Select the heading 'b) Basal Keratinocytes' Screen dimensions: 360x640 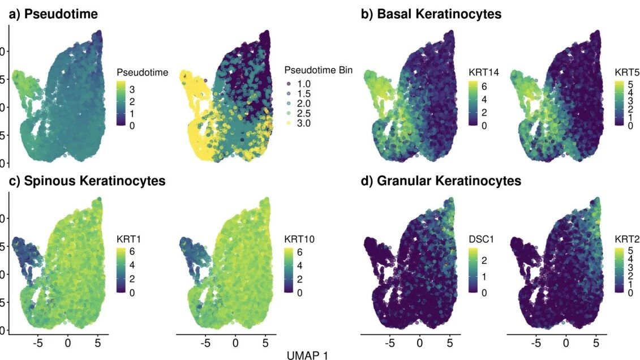point(431,15)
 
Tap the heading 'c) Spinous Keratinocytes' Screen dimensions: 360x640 point(86,181)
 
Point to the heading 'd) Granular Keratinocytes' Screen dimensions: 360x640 point(441,181)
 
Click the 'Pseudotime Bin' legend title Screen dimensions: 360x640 point(318,71)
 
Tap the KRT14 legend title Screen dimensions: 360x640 point(482,72)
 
